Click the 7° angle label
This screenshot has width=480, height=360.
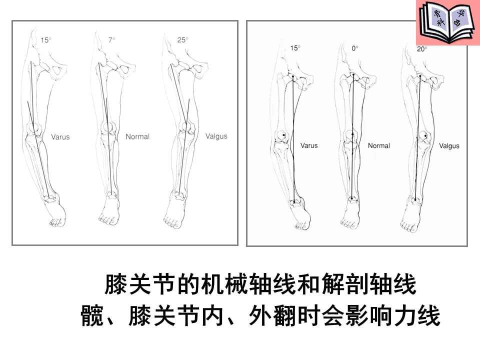(x=111, y=39)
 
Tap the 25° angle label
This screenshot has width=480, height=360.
(x=182, y=40)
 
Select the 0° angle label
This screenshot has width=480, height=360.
(x=355, y=48)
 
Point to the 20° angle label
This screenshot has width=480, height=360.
(x=422, y=48)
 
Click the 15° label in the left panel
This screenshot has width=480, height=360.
(x=45, y=40)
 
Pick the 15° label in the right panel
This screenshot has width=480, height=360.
(x=295, y=48)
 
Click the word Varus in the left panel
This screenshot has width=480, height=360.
(x=60, y=136)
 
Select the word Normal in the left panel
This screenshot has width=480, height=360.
(x=137, y=136)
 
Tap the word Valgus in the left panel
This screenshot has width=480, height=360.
(x=216, y=136)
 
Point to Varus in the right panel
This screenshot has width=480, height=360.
(x=309, y=145)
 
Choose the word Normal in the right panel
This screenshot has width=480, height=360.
(x=379, y=145)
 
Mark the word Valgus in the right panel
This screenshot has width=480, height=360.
(x=449, y=146)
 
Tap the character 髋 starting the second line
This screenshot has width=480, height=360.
(x=92, y=316)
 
